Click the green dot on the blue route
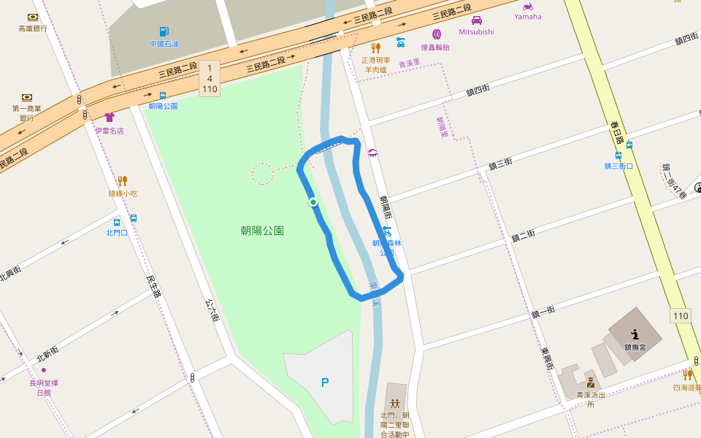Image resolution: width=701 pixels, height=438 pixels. click(313, 202)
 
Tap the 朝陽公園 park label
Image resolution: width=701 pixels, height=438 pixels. click(262, 231)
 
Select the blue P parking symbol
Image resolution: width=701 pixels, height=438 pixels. click(325, 383)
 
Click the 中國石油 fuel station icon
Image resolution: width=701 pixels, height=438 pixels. click(164, 31)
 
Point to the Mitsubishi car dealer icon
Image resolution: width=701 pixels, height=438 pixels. click(476, 20)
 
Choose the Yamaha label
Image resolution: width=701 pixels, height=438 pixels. click(528, 16)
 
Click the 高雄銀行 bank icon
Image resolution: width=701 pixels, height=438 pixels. click(33, 17)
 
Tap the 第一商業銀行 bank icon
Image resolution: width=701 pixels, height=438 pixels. click(27, 97)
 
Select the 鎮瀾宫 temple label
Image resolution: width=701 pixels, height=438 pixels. click(635, 347)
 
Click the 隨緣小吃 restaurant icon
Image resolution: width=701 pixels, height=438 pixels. click(123, 180)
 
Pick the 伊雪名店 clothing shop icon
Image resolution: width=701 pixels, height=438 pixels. click(110, 117)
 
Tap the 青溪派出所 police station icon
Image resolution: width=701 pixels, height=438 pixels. click(590, 382)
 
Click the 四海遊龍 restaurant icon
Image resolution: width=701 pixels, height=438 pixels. click(687, 375)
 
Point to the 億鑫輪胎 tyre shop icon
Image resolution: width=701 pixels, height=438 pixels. click(437, 34)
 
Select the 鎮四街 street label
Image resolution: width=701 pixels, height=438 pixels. click(478, 91)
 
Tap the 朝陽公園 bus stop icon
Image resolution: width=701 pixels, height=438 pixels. click(162, 95)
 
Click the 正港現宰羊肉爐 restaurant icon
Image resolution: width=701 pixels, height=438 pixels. click(376, 48)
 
